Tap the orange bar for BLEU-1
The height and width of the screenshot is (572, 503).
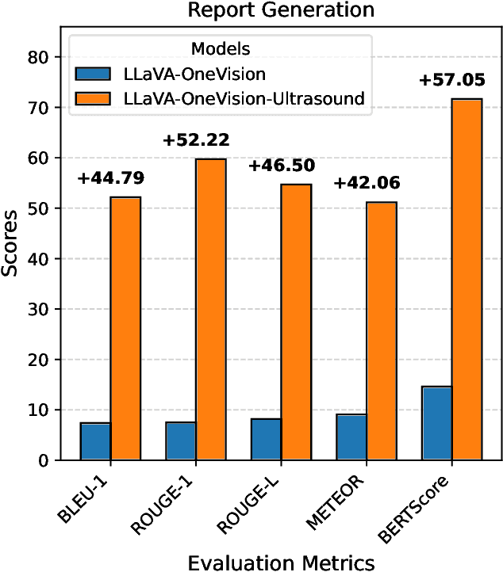point(125,329)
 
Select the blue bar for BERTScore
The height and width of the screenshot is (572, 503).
point(437,423)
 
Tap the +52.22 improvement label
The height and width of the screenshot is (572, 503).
point(196,141)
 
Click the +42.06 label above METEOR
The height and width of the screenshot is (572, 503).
point(367,184)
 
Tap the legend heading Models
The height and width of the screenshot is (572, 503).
point(222,49)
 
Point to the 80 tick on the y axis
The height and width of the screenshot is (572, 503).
point(40,58)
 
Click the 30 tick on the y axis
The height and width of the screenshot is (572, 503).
point(40,310)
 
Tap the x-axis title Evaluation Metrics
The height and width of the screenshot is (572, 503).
point(280,561)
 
